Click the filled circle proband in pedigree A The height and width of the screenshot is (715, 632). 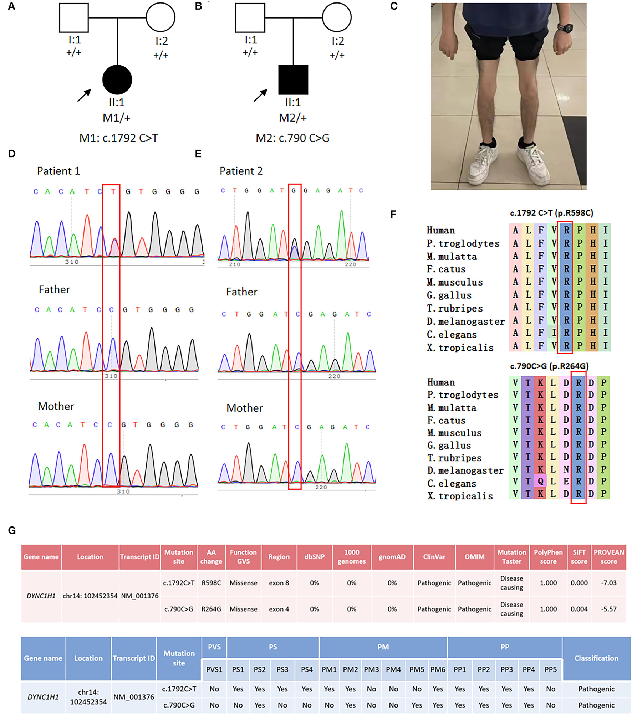coord(117,80)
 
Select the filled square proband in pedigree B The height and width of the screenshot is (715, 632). coord(293,80)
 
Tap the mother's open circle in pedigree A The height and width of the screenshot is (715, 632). coord(160,17)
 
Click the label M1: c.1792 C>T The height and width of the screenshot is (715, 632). coord(118,138)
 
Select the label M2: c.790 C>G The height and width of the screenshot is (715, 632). coord(292,138)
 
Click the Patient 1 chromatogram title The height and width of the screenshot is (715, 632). coord(58,171)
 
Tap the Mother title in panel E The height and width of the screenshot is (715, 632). coord(245,408)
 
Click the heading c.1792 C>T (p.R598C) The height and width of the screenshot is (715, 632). coord(551,213)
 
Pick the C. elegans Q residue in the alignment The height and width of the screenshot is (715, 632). coord(541,482)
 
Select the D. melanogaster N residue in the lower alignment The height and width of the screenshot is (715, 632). coord(566,469)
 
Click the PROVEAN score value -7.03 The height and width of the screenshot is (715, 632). coord(608,583)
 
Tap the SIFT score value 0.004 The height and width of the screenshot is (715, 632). coord(579,609)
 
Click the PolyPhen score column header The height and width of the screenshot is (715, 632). coord(548,557)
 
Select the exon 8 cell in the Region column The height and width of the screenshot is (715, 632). coord(279,583)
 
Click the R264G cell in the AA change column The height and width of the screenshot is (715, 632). coord(211,609)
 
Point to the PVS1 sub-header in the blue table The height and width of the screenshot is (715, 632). coord(214,669)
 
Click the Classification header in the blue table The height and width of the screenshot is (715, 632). coord(596,658)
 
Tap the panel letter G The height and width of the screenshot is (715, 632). coord(12,531)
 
